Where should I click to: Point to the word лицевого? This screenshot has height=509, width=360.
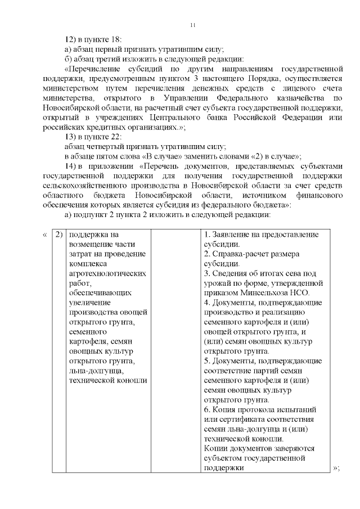coord(296,88)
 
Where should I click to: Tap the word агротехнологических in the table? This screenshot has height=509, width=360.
coord(107,273)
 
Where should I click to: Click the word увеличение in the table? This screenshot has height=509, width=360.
coord(89,303)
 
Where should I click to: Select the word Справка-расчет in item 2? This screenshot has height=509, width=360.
coord(242,254)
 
